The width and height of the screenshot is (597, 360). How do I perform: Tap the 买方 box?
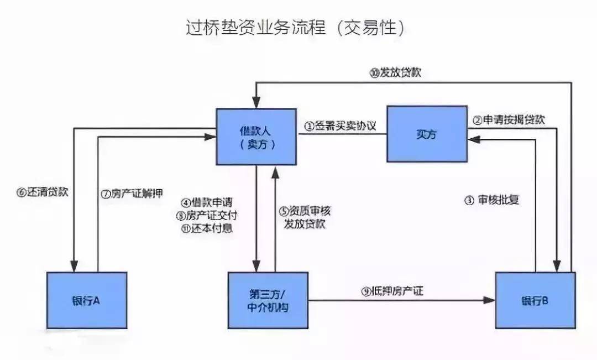426,134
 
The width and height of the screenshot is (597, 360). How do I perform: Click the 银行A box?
87,300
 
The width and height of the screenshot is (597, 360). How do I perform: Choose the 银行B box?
535,300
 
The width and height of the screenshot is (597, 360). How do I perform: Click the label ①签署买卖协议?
340,126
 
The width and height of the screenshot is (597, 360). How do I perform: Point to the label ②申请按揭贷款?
509,120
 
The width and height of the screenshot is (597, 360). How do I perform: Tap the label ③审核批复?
491,200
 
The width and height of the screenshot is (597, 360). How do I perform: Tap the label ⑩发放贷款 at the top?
396,72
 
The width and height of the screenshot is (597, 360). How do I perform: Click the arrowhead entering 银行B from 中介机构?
490,300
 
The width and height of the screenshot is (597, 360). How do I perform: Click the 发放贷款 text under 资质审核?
305,224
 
